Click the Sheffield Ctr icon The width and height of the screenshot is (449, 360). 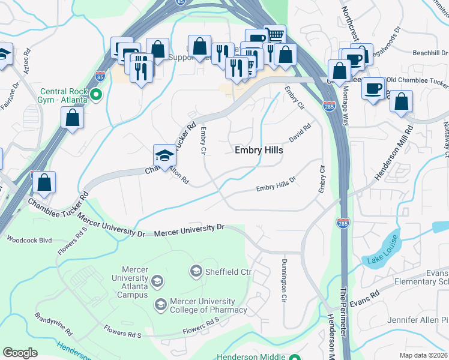click(x=196, y=271)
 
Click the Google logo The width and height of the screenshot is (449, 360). click(x=20, y=353)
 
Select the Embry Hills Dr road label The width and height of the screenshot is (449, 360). click(x=276, y=188)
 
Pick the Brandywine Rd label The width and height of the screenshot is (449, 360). click(x=54, y=324)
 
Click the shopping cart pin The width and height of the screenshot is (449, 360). click(x=274, y=35)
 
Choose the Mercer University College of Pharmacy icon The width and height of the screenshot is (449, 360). click(x=160, y=305)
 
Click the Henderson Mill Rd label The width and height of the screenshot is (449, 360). click(x=394, y=152)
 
